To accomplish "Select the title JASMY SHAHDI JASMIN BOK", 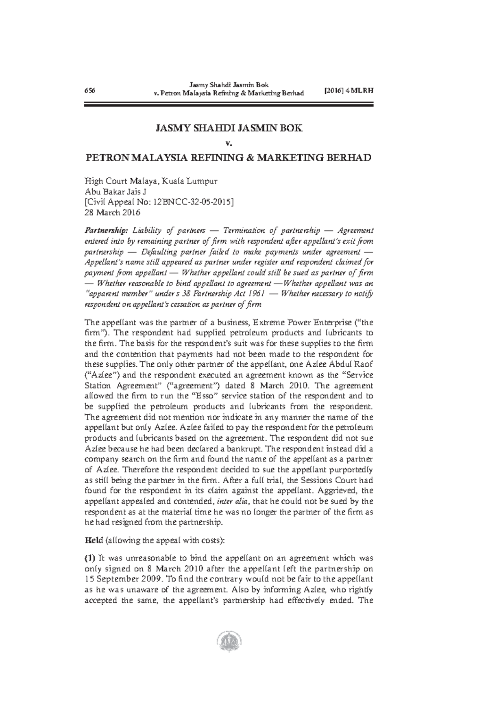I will [228, 129].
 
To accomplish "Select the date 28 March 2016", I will [112, 212].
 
